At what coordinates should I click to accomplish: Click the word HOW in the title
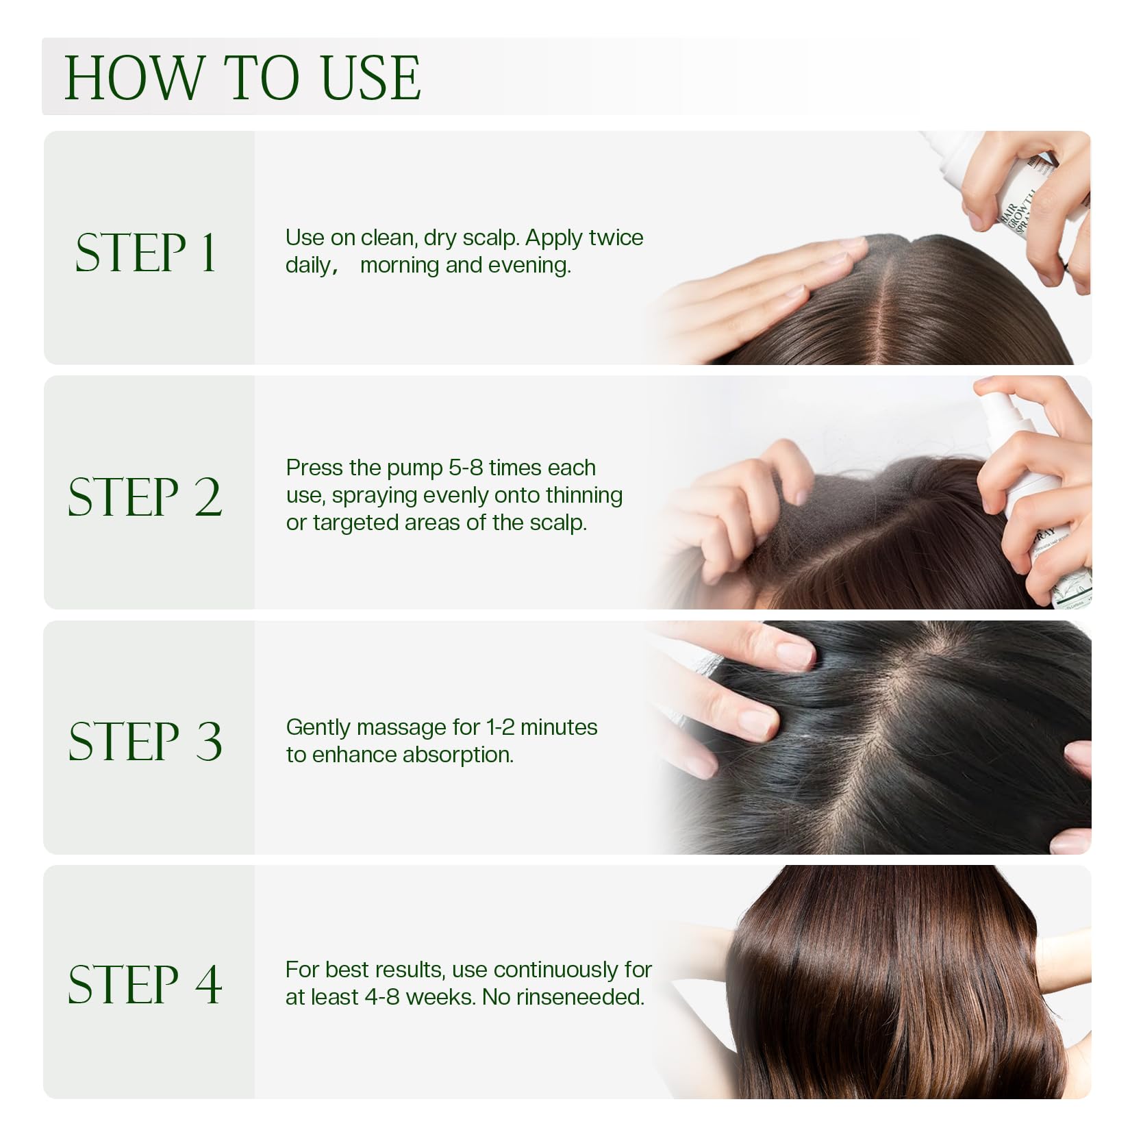135,77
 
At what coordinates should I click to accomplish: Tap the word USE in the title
371,77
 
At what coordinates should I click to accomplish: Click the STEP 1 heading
146,252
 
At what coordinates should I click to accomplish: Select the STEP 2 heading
145,497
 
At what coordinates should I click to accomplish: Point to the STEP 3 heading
145,741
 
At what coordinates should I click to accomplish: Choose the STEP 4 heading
145,984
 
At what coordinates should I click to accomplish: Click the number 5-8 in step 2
466,468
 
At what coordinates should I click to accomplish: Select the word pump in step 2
414,469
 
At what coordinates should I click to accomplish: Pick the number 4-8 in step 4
382,997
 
